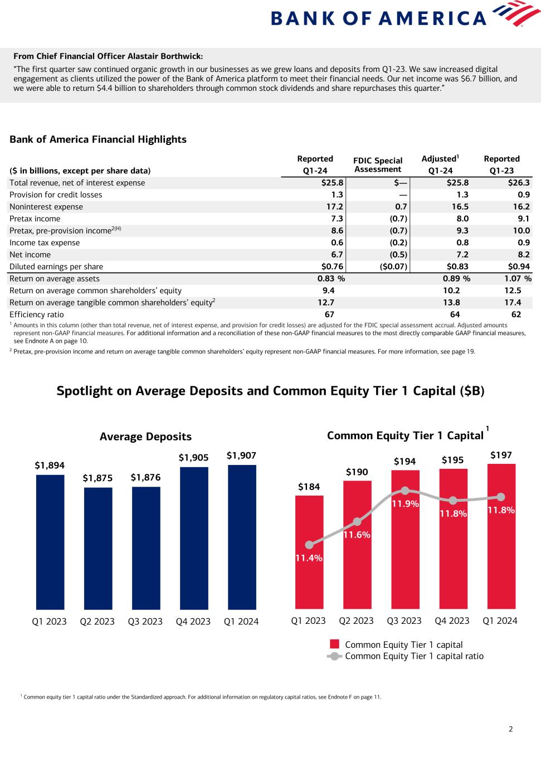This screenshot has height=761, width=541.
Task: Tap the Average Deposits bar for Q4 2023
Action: pyautogui.click(x=194, y=537)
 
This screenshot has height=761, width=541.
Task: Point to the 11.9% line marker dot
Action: pyautogui.click(x=405, y=491)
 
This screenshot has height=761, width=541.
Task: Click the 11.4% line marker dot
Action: pyautogui.click(x=309, y=545)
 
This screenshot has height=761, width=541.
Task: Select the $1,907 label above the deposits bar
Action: pyautogui.click(x=241, y=455)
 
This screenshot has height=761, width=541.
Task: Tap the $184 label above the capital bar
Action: pyautogui.click(x=309, y=487)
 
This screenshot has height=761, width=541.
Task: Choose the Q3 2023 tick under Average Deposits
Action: pyautogui.click(x=145, y=621)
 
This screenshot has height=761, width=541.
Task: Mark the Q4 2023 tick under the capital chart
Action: pyautogui.click(x=452, y=621)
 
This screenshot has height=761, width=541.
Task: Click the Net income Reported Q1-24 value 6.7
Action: pyautogui.click(x=337, y=255)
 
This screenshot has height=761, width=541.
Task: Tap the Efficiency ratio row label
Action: pyautogui.click(x=37, y=314)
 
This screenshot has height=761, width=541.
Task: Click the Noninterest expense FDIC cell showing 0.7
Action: pyautogui.click(x=401, y=207)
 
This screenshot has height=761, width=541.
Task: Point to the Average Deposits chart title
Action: pyautogui.click(x=145, y=437)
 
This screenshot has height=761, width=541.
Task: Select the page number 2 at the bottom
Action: pyautogui.click(x=510, y=729)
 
